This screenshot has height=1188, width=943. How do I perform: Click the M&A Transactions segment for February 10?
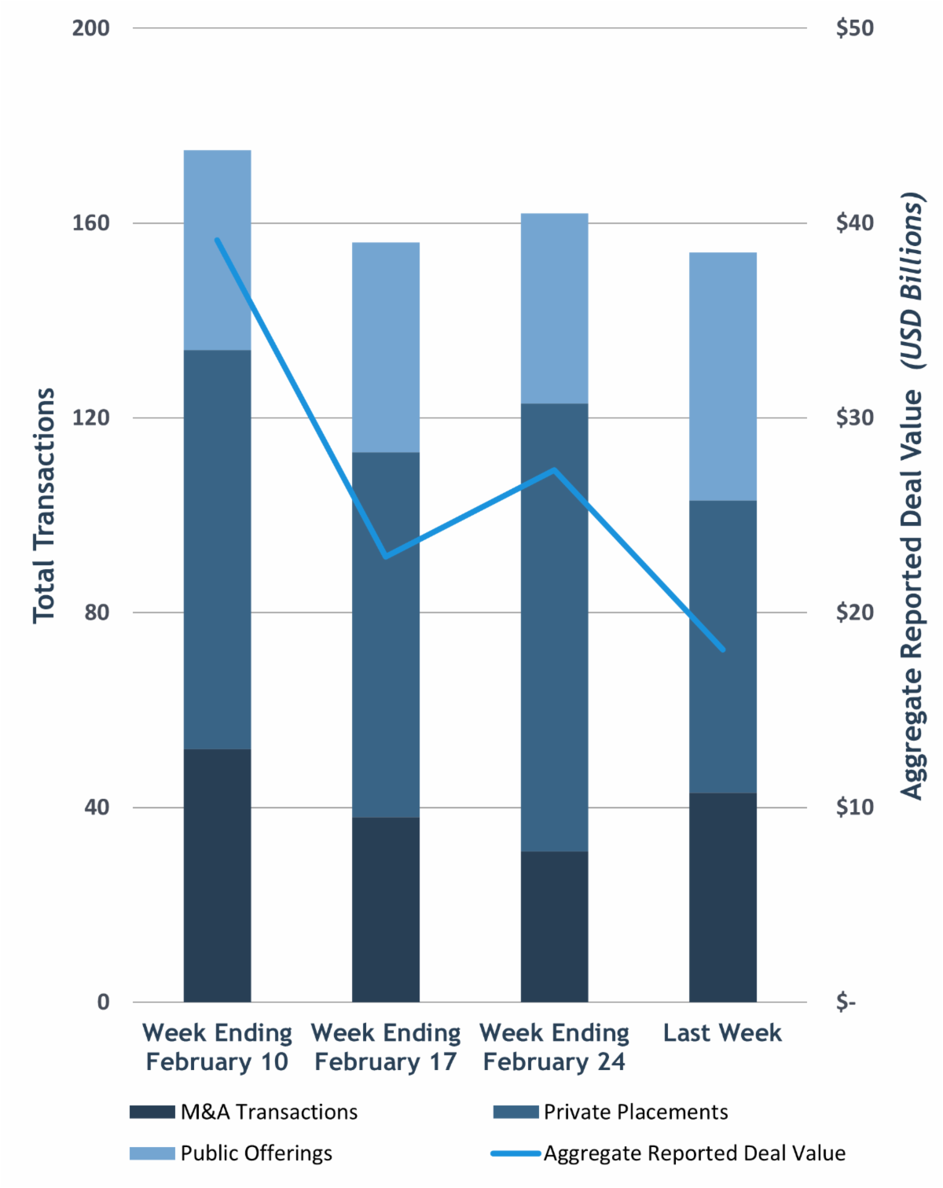(217, 875)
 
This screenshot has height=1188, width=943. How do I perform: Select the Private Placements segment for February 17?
(385, 634)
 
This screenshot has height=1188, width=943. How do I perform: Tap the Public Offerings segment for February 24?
(554, 308)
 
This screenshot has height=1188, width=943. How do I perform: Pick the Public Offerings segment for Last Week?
(722, 376)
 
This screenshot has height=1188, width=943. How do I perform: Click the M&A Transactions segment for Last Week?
(722, 897)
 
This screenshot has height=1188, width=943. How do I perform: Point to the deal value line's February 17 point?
(385, 557)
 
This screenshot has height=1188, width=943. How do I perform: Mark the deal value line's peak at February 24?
(554, 470)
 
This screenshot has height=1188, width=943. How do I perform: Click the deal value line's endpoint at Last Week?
(722, 649)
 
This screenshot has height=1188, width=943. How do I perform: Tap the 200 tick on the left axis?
(90, 28)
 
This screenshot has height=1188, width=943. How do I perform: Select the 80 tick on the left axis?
(96, 612)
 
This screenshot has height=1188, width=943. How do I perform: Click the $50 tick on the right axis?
(854, 28)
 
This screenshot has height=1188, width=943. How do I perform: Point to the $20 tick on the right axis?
(854, 612)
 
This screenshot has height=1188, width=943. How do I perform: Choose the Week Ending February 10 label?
(217, 1047)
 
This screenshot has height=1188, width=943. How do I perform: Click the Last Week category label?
(722, 1033)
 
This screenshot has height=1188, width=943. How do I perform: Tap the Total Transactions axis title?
(44, 506)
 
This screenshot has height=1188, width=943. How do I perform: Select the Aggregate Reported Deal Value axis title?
(912, 495)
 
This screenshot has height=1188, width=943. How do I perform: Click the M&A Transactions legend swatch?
(152, 1112)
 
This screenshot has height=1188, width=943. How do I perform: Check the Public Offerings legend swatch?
(152, 1153)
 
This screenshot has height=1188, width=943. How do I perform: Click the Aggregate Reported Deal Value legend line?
(516, 1153)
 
